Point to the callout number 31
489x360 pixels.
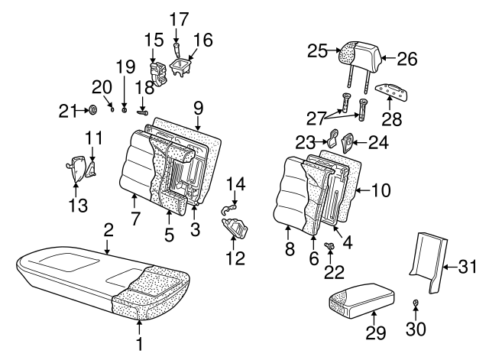click(x=467, y=267)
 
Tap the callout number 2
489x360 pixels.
click(x=108, y=229)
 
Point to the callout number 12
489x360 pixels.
click(x=235, y=259)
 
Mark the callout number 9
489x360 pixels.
click(x=198, y=106)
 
